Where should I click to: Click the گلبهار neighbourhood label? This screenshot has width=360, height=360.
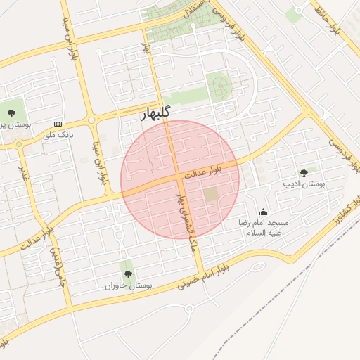153,113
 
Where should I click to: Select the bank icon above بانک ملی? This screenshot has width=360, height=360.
58,123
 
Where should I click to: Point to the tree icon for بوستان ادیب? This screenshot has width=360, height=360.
304,173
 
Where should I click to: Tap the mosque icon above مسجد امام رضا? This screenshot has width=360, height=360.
264,212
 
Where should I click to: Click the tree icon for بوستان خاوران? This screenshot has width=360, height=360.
127,275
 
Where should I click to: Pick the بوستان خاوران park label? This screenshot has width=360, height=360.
129,286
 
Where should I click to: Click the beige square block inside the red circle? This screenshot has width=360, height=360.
212,193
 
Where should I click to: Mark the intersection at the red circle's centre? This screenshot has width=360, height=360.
173,180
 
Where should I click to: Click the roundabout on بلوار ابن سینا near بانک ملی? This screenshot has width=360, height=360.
92,120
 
